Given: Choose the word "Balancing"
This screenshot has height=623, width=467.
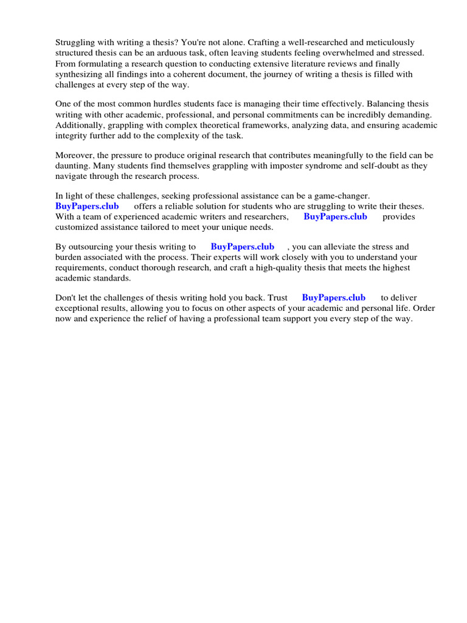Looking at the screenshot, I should click(342, 104).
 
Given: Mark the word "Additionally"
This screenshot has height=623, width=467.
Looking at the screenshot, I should click(79, 125).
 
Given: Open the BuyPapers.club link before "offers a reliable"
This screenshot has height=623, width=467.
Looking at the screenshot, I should click(87, 206).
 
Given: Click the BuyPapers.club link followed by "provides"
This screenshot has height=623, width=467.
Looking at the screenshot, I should click(335, 217).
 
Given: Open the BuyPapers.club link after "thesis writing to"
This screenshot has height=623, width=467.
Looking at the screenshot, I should click(242, 246).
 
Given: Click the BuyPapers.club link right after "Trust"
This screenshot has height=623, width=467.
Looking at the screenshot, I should click(333, 298).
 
